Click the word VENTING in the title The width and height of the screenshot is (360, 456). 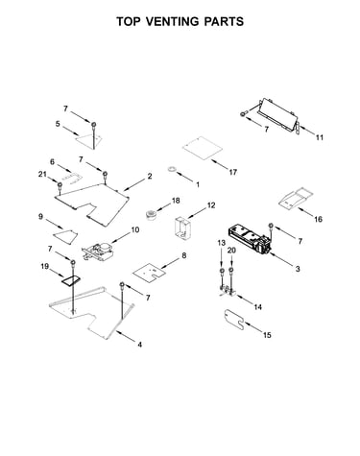pos(172,21)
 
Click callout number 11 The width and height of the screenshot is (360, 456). pos(320,137)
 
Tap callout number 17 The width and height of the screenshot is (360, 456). pos(233,172)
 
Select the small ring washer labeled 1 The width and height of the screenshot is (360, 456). pos(173,169)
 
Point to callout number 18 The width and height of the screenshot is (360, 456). pos(176,201)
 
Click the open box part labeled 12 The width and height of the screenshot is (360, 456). pos(182,228)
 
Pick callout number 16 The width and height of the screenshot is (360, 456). pos(318,219)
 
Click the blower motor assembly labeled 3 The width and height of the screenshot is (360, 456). pos(250,239)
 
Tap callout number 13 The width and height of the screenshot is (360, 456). pos(222,243)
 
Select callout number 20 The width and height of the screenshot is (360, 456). pos(231,251)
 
